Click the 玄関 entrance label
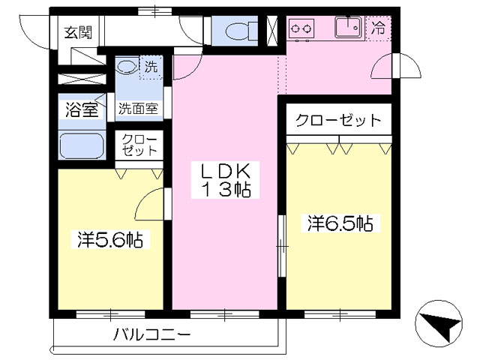coord(78,32)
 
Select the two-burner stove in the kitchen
coord(301,29)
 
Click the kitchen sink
coord(348,28)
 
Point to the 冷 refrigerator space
coord(378,28)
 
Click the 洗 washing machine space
coord(151,67)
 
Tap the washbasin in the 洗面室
coord(127,66)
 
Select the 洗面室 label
coord(138,108)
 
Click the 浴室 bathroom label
coord(82,109)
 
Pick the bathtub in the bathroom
coord(82,145)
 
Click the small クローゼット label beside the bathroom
coord(139,145)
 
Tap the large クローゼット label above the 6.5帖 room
coord(338,120)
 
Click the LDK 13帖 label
coord(225,180)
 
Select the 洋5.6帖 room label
coord(110,240)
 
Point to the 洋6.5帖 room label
coord(340,223)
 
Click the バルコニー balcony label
coord(151,334)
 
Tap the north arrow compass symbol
coord(438,323)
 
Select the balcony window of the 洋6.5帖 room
coord(340,314)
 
